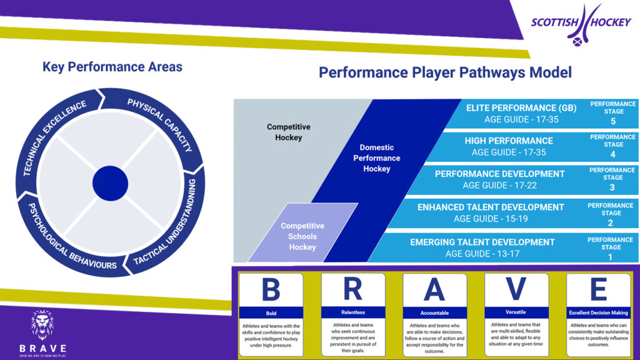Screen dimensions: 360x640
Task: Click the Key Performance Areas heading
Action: (x=112, y=67)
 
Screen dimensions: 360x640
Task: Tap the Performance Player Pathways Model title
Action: (x=445, y=72)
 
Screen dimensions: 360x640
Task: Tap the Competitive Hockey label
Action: (x=288, y=132)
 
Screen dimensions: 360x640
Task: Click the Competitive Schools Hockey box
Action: (x=302, y=236)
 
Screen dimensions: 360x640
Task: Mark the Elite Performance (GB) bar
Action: (x=521, y=113)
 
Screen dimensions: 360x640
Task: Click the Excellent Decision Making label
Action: (x=598, y=312)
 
